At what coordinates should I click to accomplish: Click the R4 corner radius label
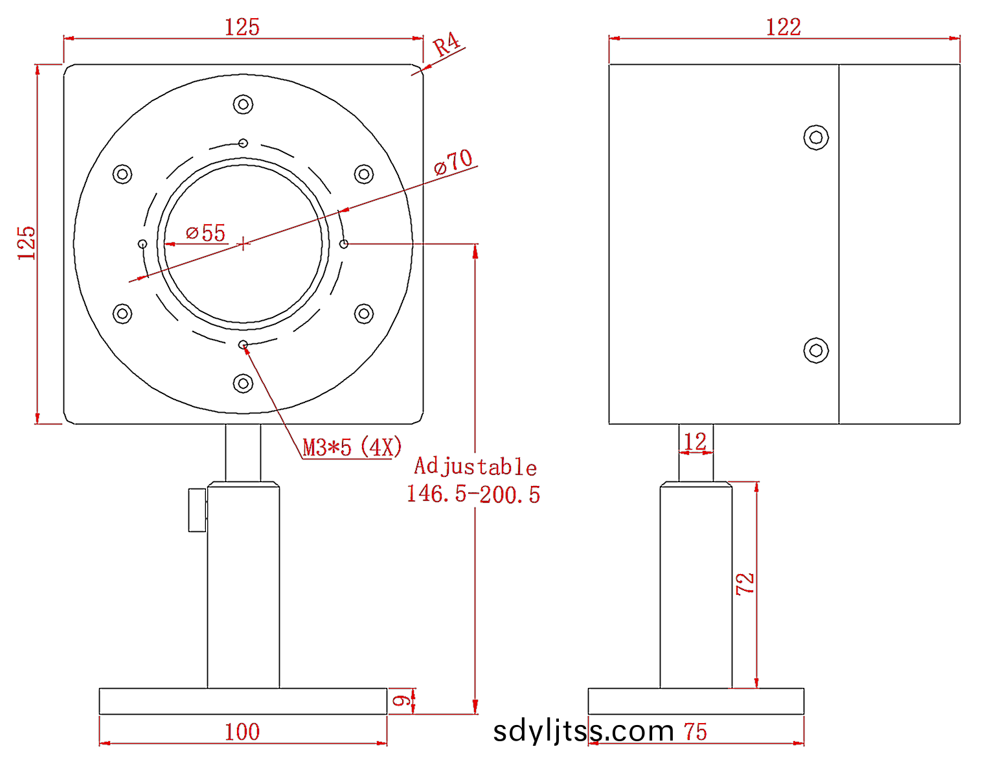pos(447,45)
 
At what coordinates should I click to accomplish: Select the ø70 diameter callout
pos(453,161)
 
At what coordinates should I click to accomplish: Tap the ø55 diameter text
pos(206,233)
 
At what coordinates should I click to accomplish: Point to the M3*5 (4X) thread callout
pos(352,447)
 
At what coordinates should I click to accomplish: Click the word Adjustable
pos(475,466)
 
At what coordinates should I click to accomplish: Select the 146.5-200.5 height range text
pos(473,494)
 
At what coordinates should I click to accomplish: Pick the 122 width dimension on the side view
pos(784,27)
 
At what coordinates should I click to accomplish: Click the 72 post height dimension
pos(745,584)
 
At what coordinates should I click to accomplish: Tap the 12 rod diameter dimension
pos(695,442)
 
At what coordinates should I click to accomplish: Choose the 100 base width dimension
pos(242,732)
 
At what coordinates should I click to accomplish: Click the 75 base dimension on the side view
pos(696,732)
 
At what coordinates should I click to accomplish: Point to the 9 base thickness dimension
pos(402,701)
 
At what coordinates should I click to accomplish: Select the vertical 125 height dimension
pos(27,243)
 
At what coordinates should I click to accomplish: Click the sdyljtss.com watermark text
pos(583,731)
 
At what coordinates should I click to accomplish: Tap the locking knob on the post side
pos(198,510)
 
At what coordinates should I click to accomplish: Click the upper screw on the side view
pos(816,137)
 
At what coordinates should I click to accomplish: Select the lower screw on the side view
pos(816,351)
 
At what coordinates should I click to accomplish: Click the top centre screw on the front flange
pos(243,104)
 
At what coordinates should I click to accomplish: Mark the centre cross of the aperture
pos(243,244)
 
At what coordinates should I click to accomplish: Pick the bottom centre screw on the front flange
pos(243,384)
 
